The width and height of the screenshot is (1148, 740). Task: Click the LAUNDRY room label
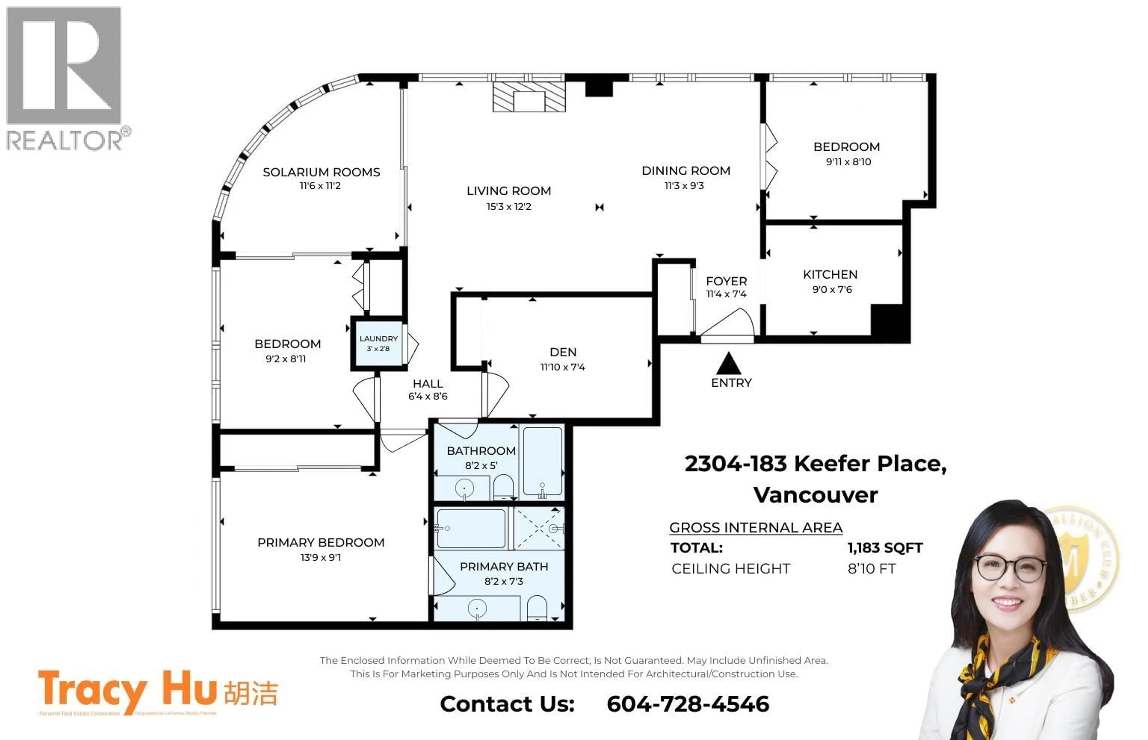click(x=378, y=339)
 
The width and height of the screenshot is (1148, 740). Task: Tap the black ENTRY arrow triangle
click(x=729, y=364)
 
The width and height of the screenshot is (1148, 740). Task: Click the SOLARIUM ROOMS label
click(x=321, y=172)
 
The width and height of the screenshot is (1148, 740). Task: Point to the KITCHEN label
click(x=830, y=274)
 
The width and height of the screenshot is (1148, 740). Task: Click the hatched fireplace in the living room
click(x=529, y=97)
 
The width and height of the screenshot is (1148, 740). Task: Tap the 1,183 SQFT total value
click(x=885, y=548)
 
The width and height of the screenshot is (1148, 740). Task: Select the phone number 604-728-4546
click(x=688, y=704)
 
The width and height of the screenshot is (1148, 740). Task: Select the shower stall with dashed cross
click(x=539, y=529)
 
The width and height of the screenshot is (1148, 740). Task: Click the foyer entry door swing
click(x=729, y=323)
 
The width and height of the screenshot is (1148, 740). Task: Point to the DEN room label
click(x=563, y=352)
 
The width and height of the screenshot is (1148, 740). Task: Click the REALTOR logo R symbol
click(x=63, y=66)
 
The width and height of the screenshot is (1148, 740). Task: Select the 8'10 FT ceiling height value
click(x=871, y=569)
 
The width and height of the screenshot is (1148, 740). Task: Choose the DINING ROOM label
click(x=686, y=171)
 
